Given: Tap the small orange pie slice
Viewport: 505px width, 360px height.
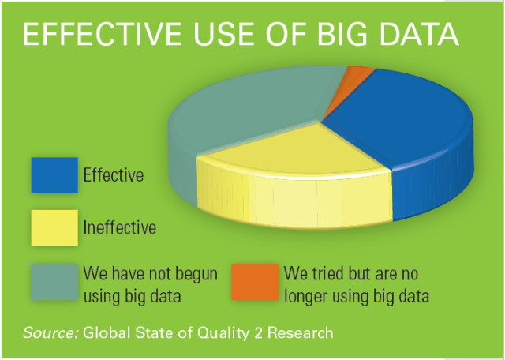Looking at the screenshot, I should (x=359, y=77).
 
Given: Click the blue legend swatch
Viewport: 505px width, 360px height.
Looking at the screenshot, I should (x=54, y=174).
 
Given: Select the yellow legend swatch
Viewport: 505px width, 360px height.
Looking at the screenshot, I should (x=54, y=227).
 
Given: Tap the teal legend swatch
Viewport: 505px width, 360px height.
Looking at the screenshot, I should (x=54, y=282).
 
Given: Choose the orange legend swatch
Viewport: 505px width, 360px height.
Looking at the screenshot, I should (x=255, y=282).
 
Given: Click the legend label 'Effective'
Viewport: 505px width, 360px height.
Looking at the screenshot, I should (x=114, y=175).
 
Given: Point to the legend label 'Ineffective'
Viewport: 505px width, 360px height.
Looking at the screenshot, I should (x=120, y=228).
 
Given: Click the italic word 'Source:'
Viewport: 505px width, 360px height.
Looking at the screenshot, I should (x=50, y=332).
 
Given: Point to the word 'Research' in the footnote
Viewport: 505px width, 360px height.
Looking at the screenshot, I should (x=299, y=332).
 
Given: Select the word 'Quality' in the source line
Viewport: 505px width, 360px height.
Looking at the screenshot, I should (x=223, y=332).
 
